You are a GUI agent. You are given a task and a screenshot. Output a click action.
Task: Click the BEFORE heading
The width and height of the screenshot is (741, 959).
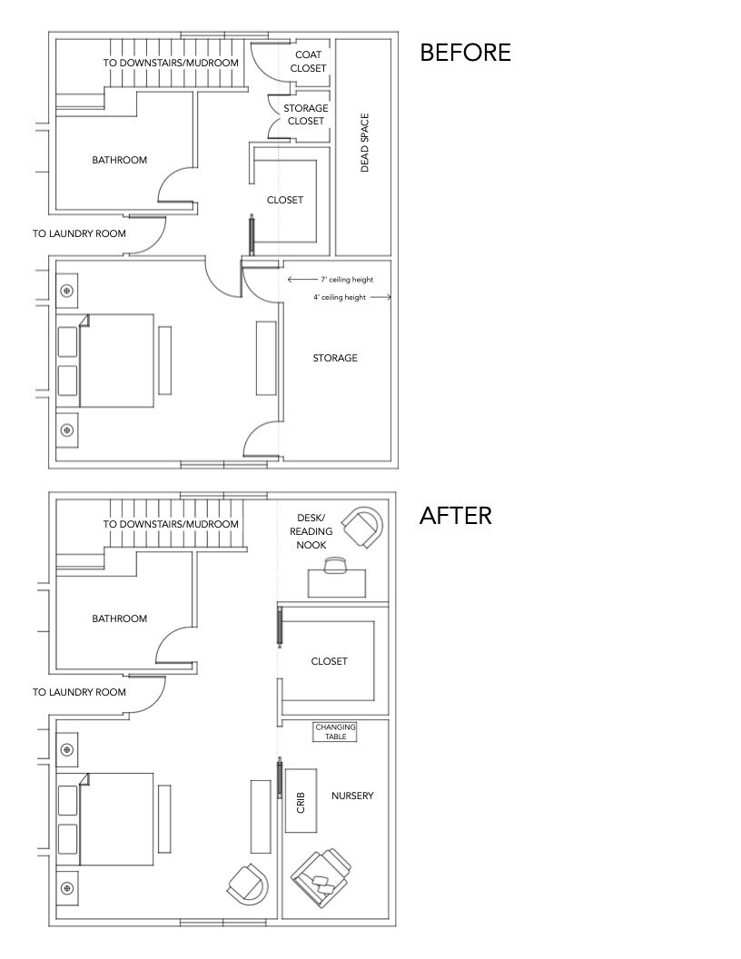point(465,53)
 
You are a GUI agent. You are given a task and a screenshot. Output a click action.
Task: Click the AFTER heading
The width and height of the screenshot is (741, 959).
point(455,516)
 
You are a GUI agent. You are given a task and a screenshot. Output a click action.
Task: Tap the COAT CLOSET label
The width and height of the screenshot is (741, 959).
point(309,61)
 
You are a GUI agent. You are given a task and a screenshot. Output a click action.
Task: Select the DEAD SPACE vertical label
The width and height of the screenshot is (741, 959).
point(364,143)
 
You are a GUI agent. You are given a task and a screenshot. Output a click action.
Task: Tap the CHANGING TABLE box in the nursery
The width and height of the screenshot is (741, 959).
point(335,732)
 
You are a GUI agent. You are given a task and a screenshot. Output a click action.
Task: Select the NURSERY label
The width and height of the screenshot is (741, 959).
point(352,796)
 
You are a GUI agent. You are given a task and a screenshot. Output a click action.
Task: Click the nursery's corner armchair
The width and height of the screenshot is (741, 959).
point(321,878)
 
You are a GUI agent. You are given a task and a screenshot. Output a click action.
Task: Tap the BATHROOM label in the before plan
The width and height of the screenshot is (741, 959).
point(119,160)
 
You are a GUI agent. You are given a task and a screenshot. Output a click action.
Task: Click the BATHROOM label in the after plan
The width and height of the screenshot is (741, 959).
point(119,618)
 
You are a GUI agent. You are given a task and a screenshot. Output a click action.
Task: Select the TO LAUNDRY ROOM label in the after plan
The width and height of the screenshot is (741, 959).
point(79,692)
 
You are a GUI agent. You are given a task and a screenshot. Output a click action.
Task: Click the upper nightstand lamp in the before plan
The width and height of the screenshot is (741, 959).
point(67,291)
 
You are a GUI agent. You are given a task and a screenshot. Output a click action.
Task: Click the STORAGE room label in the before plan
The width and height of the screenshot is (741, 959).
point(335,358)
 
